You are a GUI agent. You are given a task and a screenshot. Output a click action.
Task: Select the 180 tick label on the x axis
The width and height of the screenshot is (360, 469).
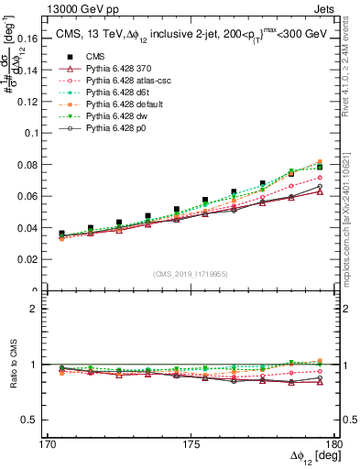[x=335, y=444]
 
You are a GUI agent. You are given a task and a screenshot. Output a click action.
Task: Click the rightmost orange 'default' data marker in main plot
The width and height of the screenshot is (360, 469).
[x=320, y=162]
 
